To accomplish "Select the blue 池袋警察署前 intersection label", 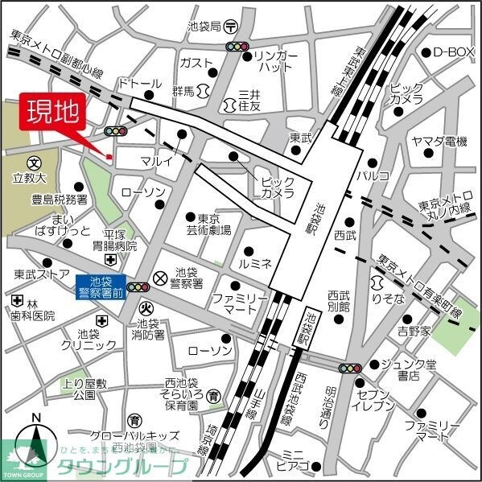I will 101,286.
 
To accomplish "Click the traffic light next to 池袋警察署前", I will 138,286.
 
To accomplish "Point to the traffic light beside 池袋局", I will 237,47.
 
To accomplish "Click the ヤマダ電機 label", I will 439,141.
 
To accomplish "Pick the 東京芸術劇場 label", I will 214,224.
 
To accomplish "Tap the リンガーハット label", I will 276,63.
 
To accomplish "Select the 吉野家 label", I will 414,331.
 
